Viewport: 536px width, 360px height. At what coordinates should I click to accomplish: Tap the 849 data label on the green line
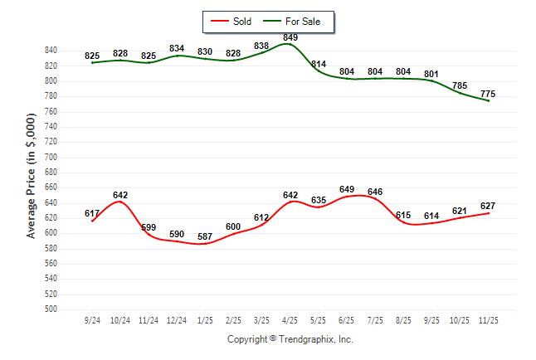[x=290, y=37]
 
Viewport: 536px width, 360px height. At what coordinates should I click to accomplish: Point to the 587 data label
[x=205, y=236]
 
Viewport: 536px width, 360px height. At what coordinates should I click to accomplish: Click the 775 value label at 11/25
[x=489, y=94]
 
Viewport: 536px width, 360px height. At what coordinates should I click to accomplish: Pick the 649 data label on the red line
[x=347, y=189]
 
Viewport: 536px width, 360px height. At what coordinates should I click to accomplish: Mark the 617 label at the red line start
[x=92, y=213]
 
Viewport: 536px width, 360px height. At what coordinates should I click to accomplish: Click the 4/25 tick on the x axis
[x=290, y=319]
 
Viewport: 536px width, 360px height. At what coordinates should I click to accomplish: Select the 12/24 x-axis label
[x=177, y=319]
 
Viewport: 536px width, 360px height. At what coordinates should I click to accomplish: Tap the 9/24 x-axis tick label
[x=92, y=319]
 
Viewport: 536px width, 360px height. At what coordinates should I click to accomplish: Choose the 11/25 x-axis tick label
[x=489, y=319]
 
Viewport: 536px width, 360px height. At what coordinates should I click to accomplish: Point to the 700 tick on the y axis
[x=51, y=158]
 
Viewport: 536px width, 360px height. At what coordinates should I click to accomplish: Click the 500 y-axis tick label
[x=51, y=309]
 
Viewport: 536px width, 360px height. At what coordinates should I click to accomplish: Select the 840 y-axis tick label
[x=51, y=51]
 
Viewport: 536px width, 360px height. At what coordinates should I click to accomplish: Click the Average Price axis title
[x=32, y=177]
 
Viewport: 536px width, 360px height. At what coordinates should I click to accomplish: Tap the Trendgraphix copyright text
[x=290, y=339]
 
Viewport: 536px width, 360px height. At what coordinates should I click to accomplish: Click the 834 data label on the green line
[x=177, y=48]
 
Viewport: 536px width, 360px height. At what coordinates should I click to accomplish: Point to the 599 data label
[x=149, y=227]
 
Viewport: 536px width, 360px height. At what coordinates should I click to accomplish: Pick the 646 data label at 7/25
[x=375, y=192]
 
